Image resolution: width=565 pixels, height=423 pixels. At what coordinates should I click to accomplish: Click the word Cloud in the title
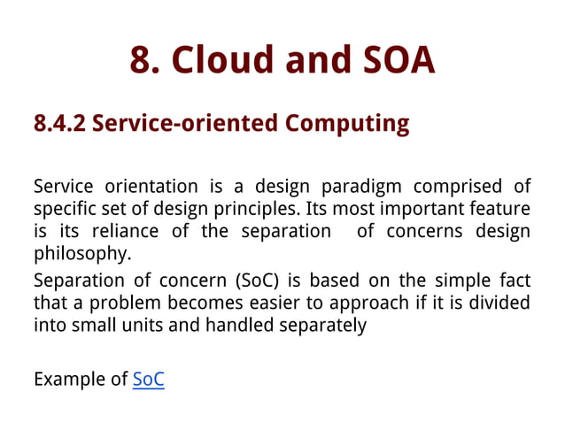pyautogui.click(x=225, y=60)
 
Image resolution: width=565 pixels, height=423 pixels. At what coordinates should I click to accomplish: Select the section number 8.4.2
pyautogui.click(x=59, y=123)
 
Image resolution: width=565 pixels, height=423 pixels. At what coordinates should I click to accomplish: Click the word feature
pyautogui.click(x=501, y=209)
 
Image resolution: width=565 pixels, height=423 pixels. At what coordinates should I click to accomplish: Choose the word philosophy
pyautogui.click(x=79, y=254)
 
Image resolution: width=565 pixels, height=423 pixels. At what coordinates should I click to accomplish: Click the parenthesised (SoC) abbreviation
pyautogui.click(x=265, y=281)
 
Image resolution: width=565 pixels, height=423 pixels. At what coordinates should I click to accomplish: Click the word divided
pyautogui.click(x=500, y=304)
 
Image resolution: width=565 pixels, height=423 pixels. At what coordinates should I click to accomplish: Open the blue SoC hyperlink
pyautogui.click(x=148, y=381)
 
